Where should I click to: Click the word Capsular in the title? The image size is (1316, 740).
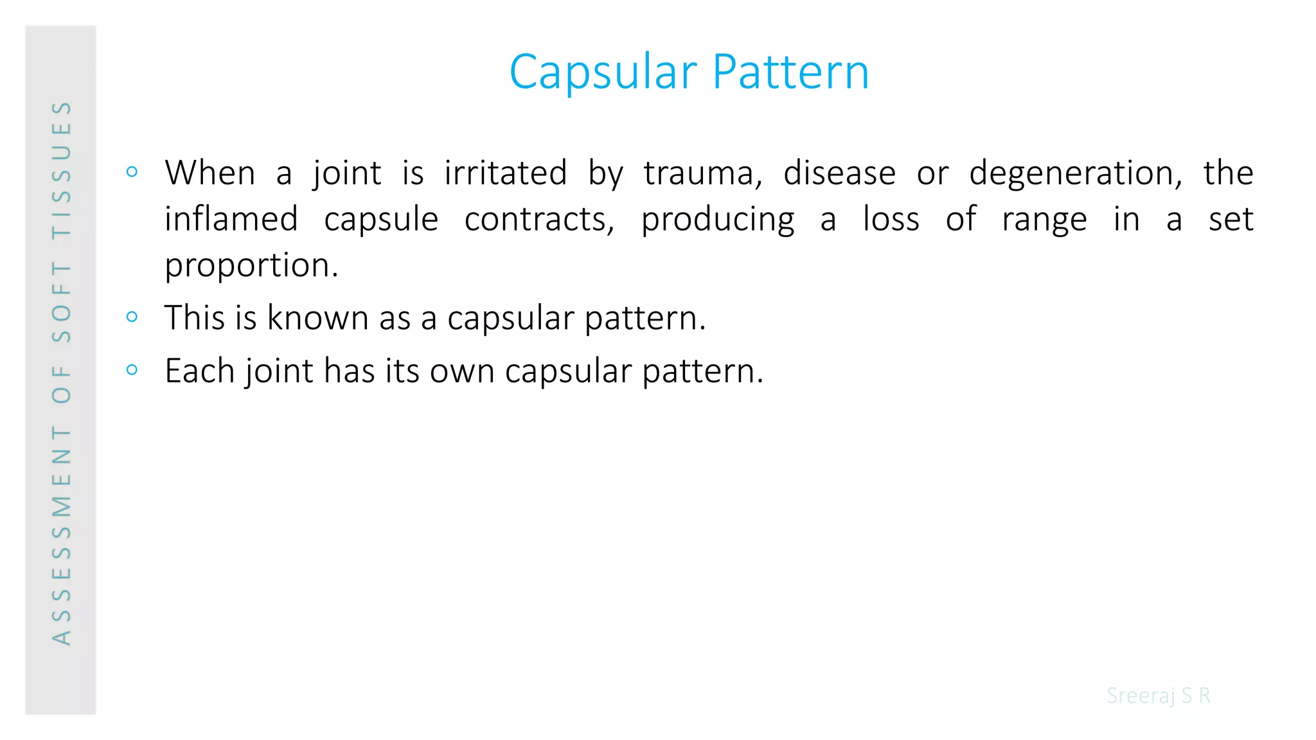click(x=603, y=72)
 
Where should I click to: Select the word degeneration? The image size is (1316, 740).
click(x=1075, y=173)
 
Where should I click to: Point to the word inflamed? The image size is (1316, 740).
click(x=231, y=219)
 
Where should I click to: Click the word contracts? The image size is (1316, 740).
click(x=539, y=220)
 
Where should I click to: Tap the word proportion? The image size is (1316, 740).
click(x=251, y=266)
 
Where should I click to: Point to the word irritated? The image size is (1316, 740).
click(x=506, y=173)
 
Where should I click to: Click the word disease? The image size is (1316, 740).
click(x=839, y=173)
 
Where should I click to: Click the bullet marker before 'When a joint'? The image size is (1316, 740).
click(x=132, y=172)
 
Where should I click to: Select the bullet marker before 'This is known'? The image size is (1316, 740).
click(x=132, y=316)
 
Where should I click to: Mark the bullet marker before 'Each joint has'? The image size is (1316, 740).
click(x=132, y=369)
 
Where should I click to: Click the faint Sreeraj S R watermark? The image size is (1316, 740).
click(x=1158, y=696)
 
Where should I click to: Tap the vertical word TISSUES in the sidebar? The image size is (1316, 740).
click(x=62, y=170)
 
